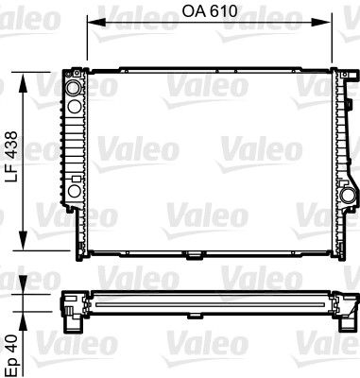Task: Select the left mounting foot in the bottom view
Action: click(x=72, y=320)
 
